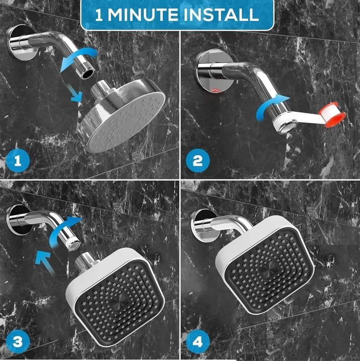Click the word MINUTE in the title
coord(143,15)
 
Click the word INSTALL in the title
coord(221,15)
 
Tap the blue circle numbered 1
coord(18,161)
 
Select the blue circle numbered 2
coord(197,161)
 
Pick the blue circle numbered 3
coord(18,342)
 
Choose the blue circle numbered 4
coord(197,342)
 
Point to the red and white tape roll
coord(332,115)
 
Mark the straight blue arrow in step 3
coord(45,263)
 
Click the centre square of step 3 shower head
coord(119,302)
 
